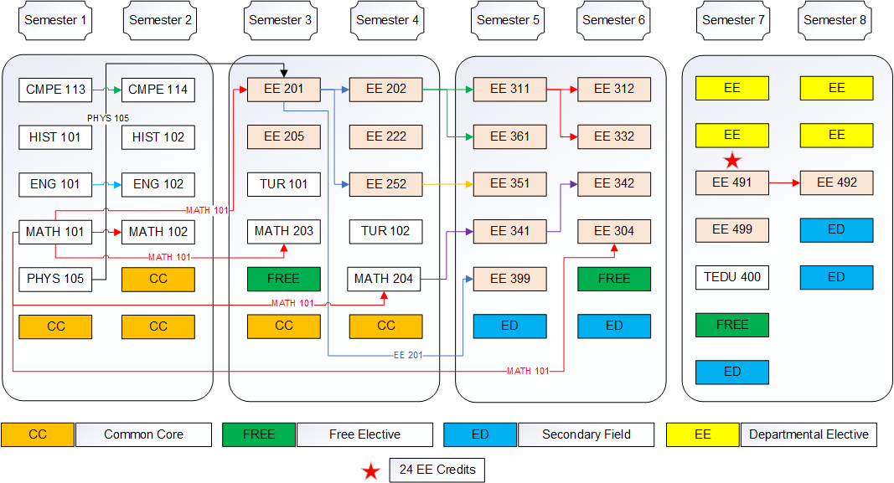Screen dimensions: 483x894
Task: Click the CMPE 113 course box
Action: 55,90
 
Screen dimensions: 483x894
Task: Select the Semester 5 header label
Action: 508,21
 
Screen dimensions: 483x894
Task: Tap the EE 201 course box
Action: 283,89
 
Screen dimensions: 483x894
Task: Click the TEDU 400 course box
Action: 731,277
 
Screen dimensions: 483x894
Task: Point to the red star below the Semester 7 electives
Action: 732,160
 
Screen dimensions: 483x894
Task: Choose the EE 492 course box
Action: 836,182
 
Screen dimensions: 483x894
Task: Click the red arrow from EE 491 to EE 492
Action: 784,182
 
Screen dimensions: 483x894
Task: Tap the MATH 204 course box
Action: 384,279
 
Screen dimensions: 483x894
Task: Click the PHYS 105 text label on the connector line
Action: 108,118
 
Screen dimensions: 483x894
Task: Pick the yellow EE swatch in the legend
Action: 702,434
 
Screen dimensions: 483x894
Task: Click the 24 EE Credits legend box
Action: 437,470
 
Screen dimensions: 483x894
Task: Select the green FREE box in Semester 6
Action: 613,279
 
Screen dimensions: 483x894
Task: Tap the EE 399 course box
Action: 509,279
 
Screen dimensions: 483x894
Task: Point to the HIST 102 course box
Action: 158,137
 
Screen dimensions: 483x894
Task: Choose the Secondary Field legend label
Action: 586,434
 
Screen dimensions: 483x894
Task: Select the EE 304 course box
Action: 613,231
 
